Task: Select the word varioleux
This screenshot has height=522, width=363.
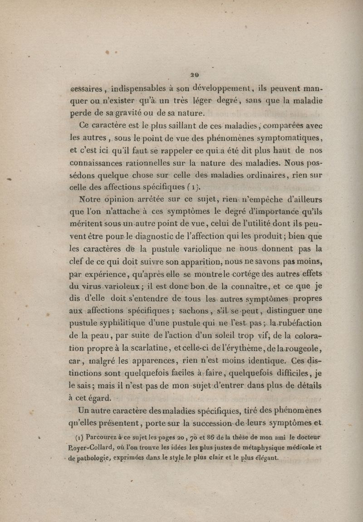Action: click(100, 286)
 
